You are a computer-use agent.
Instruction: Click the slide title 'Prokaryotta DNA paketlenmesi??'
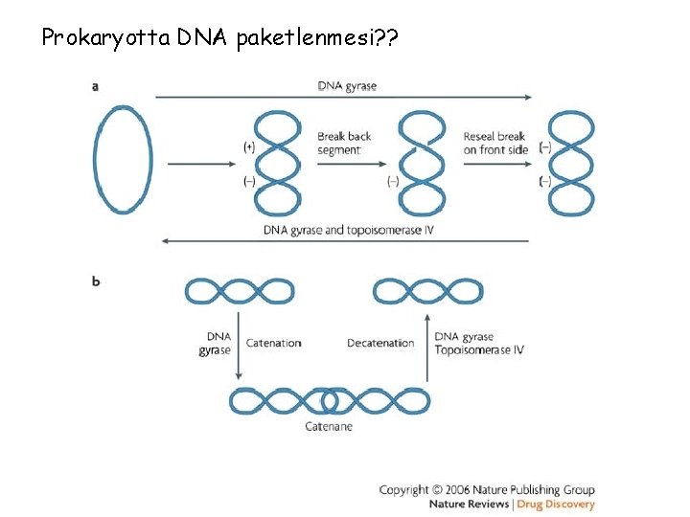219,38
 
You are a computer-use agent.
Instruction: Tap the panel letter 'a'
95,86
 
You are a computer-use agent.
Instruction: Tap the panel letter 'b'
96,281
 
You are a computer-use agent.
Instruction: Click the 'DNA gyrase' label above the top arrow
347,86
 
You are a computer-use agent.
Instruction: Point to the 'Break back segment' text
344,143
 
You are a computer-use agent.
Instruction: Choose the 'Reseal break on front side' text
495,143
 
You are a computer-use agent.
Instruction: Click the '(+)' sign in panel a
249,146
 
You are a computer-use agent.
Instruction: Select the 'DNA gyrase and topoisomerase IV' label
347,230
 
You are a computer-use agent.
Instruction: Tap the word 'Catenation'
273,343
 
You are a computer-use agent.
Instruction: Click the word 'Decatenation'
380,343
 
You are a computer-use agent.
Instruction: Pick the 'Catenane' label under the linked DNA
329,426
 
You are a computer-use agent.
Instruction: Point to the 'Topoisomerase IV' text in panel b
478,349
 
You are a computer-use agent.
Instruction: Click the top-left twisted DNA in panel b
240,291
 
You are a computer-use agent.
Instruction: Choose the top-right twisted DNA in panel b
427,291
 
